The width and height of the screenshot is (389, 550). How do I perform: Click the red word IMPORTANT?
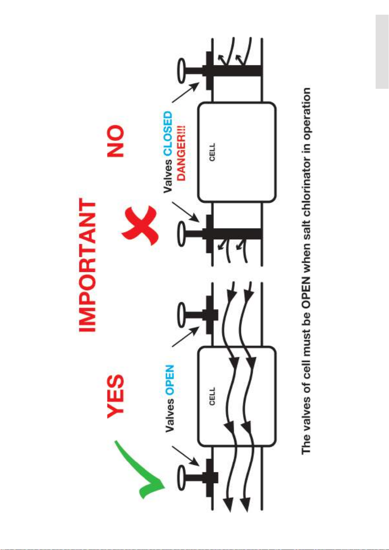pos(87,265)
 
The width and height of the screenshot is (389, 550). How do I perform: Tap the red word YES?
pos(116,396)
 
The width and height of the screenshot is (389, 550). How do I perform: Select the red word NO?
pos(116,141)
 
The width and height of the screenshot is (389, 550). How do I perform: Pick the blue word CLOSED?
pos(167,134)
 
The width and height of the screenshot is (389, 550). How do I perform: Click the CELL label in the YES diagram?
pos(212,397)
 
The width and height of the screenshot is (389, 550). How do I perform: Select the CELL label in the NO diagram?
pos(212,152)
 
